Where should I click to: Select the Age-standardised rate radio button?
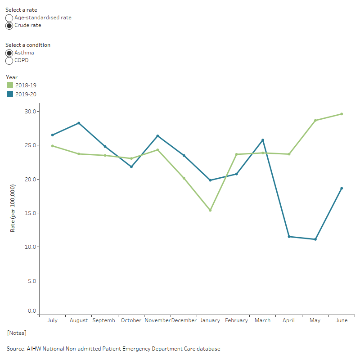pos(9,18)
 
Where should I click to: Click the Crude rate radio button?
pos(9,26)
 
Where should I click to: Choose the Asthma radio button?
pos(9,53)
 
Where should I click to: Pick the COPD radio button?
pos(9,61)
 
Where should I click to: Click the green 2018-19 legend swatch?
pos(10,85)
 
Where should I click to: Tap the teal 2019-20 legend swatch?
pos(10,94)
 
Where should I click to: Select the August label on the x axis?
pos(79,320)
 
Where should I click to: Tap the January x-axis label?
pos(210,320)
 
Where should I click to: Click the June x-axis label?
pos(341,320)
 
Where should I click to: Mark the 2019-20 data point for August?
pos(79,123)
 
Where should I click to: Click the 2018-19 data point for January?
pos(210,210)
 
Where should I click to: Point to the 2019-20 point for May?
pos(315,239)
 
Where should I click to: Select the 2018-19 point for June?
pos(342,114)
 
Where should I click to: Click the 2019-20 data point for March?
pos(263,140)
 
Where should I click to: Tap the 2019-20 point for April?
pos(289,237)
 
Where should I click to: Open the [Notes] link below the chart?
pos(16,333)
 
